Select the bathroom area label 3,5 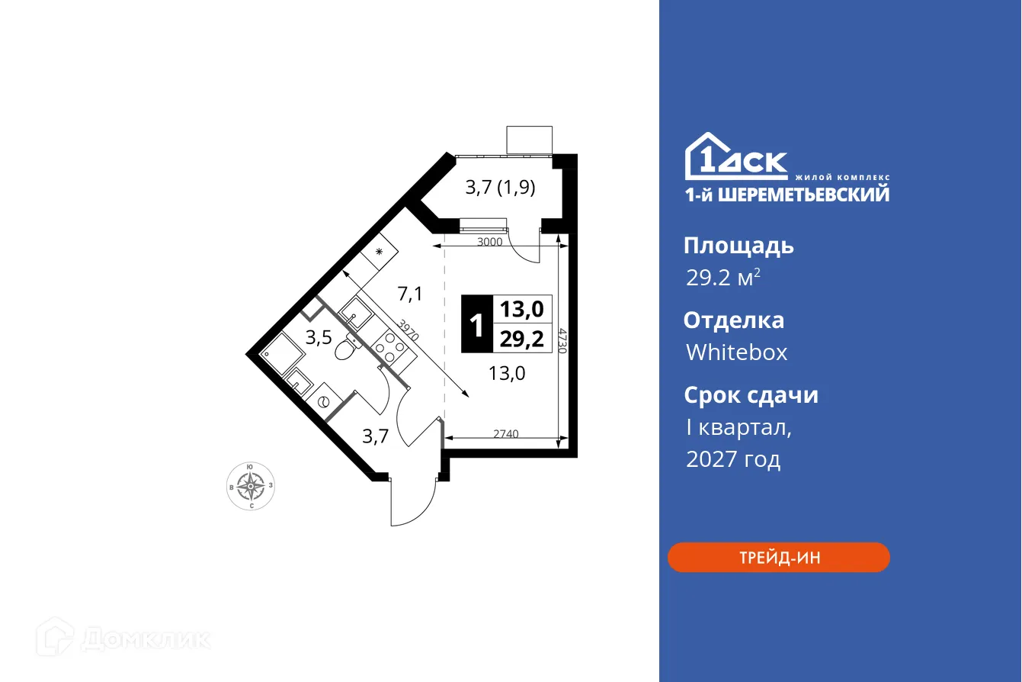click(318, 338)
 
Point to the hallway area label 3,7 click(375, 436)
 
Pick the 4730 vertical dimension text click(562, 339)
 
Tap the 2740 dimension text click(505, 434)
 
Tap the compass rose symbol click(251, 485)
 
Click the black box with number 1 click(476, 324)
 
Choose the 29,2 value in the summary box click(522, 338)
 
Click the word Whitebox click(736, 352)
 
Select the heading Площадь click(738, 246)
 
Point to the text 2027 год click(732, 459)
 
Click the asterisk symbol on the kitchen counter click(378, 251)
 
